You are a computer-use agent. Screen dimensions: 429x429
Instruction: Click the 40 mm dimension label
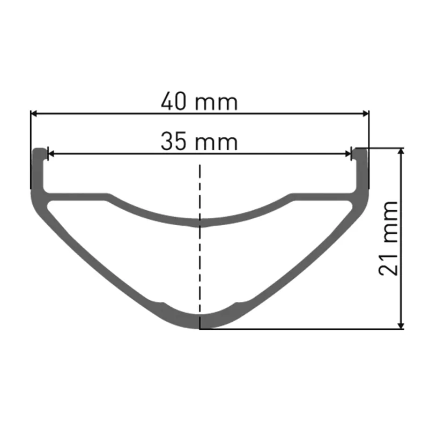point(199,101)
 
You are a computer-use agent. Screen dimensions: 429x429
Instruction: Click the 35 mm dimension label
point(199,142)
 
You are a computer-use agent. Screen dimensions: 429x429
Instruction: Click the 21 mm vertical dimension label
point(388,238)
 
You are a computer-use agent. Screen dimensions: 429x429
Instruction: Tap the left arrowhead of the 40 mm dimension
point(33,113)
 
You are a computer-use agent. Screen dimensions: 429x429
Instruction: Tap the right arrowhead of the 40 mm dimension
point(366,113)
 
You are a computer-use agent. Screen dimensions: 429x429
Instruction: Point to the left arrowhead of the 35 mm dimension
point(51,154)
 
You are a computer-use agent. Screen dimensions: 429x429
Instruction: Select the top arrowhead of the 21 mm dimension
point(401,152)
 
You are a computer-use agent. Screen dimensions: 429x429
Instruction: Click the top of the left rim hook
point(39,150)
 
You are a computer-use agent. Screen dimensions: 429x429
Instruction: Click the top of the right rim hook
point(361,150)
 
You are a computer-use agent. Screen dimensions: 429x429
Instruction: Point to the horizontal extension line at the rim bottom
point(300,329)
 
